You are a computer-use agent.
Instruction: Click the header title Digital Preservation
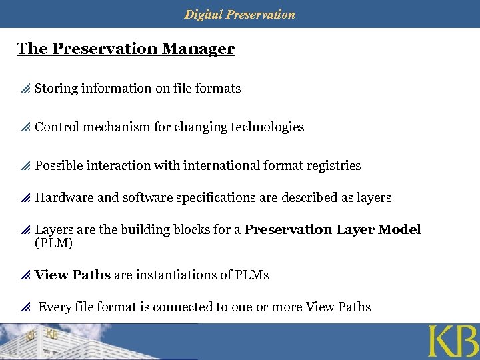(239, 14)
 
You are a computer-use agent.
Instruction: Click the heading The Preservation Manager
(125, 49)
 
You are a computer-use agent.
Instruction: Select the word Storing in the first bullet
(56, 88)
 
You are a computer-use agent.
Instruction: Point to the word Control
(56, 127)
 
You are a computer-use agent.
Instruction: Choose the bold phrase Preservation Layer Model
(333, 229)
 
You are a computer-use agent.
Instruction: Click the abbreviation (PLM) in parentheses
(53, 243)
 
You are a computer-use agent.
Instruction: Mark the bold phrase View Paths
(73, 275)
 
